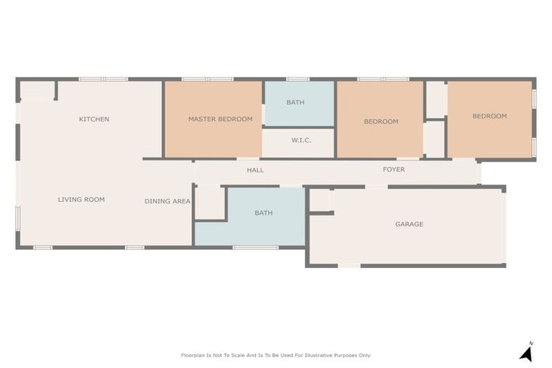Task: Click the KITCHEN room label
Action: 94,119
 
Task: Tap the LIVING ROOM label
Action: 81,200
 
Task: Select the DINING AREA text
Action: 167,201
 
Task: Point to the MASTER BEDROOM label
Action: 220,119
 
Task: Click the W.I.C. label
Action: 301,140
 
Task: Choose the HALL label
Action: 255,170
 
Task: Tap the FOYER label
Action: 394,170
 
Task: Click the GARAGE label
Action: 409,224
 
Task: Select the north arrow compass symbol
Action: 527,352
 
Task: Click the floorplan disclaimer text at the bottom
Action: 276,355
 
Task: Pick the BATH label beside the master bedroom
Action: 295,102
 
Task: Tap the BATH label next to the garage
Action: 264,213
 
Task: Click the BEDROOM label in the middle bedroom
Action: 381,121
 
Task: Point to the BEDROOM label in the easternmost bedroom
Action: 489,116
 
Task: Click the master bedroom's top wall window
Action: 207,79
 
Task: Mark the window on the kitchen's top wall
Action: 103,79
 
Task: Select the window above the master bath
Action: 298,79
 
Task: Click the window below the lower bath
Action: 255,248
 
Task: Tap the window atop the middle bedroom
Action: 383,79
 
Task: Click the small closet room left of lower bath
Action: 209,203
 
